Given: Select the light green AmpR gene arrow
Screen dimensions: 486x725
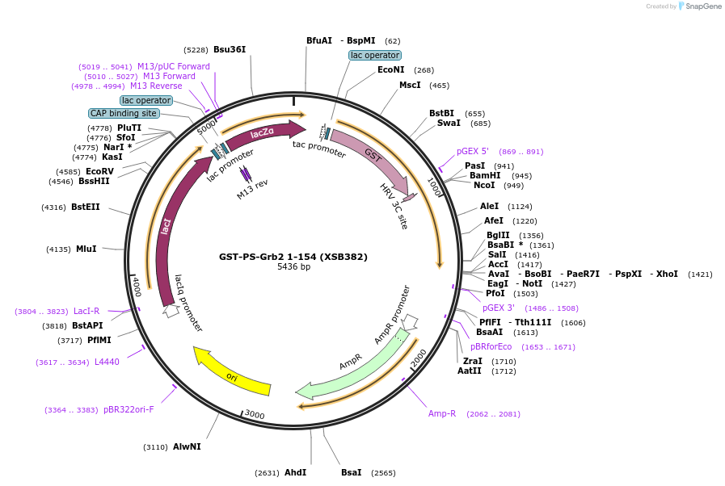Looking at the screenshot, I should point(356,367).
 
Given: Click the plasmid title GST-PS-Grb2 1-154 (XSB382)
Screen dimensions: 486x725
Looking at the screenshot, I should point(293,258).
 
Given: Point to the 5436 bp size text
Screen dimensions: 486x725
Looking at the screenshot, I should point(293,267).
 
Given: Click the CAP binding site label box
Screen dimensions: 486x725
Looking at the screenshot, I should point(123,114).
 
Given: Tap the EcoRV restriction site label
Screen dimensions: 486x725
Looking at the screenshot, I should point(99,171).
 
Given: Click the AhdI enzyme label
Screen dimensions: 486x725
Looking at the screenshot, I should point(295,473).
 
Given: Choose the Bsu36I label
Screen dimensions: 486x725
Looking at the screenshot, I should point(230,49).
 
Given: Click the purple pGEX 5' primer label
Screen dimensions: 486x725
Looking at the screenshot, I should point(473,152).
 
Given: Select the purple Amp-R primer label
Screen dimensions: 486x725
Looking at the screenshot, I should point(442,413).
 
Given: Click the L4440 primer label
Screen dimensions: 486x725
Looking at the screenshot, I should point(107,362).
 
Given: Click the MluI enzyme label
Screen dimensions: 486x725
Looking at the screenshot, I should point(86,249).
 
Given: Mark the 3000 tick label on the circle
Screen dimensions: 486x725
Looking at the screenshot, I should point(255,415).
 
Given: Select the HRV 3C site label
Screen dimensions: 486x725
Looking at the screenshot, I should point(394,207).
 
